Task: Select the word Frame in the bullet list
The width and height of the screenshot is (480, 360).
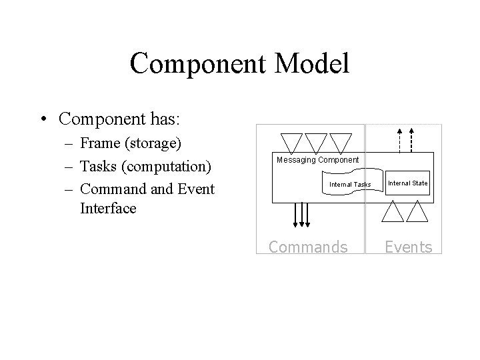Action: (100, 143)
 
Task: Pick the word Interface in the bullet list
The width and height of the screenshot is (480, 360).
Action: (107, 208)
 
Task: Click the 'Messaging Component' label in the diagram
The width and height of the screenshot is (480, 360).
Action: (317, 160)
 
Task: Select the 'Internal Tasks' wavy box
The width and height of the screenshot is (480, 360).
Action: (350, 183)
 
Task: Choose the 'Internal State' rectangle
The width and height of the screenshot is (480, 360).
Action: (407, 183)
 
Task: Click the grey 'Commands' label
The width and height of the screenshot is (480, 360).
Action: (307, 247)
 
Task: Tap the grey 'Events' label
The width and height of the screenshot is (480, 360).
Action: (409, 247)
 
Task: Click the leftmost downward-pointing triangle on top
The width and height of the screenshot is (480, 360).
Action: (291, 141)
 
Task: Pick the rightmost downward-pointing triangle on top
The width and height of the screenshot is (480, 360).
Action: (340, 141)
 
